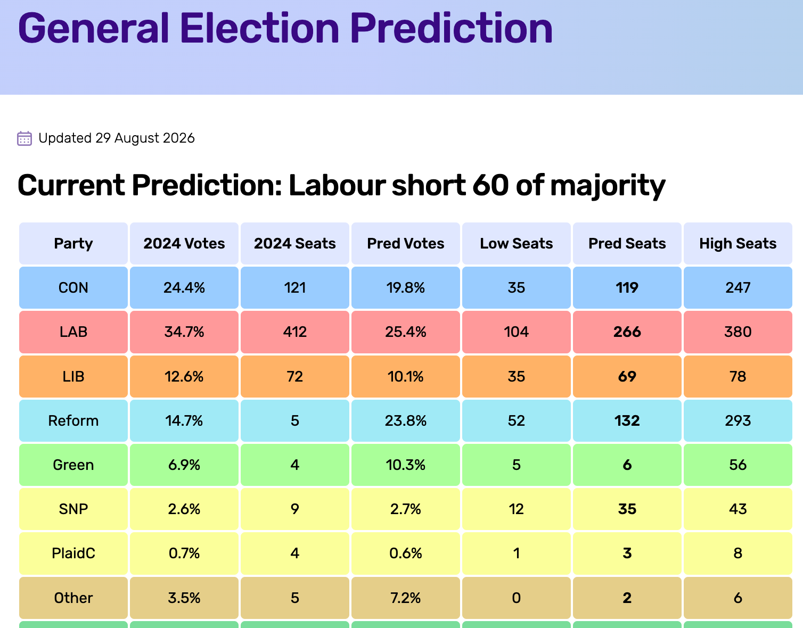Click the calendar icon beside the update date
pos(24,138)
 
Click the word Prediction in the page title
pos(451,28)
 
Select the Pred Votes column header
pos(405,244)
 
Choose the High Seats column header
pos(738,244)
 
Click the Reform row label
pos(73,421)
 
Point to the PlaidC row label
pos(73,553)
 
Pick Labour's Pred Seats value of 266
pos(627,332)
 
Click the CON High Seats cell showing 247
pos(738,287)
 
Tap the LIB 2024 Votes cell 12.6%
pos(184,377)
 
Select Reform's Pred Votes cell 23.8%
pos(405,421)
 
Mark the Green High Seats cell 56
pos(738,465)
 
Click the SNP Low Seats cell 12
pos(516,509)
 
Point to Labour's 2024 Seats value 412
pos(295,332)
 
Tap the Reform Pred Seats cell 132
pos(627,421)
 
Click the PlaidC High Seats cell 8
pos(738,553)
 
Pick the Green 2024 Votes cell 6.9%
pos(184,465)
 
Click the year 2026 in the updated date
pos(178,138)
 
